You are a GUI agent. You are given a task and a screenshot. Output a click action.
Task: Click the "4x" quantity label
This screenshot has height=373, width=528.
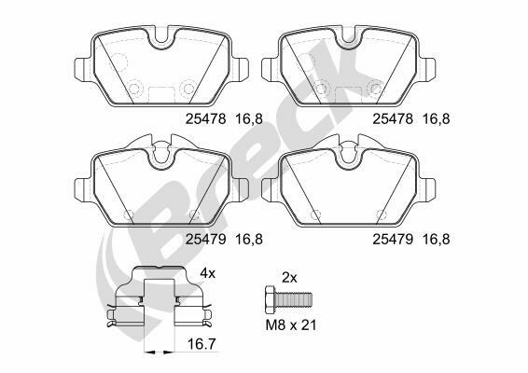[207, 273]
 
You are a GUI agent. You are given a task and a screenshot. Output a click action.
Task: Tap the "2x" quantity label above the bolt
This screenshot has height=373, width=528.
[289, 278]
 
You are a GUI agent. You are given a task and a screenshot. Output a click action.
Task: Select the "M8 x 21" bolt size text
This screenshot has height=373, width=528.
[291, 325]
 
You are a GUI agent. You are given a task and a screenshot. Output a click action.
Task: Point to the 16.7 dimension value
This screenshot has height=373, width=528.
[201, 344]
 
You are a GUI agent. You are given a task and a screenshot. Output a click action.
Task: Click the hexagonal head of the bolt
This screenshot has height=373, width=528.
[270, 299]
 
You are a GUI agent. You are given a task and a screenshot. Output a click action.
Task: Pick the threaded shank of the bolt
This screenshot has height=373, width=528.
[293, 299]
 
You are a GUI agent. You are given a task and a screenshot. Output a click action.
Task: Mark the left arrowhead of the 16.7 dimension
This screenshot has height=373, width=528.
[149, 352]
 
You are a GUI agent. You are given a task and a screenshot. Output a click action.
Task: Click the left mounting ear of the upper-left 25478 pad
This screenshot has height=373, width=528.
[82, 70]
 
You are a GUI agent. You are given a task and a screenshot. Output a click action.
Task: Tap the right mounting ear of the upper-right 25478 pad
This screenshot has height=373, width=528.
[427, 70]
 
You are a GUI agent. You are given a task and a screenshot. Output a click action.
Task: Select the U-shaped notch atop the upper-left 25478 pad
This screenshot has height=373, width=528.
[161, 40]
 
